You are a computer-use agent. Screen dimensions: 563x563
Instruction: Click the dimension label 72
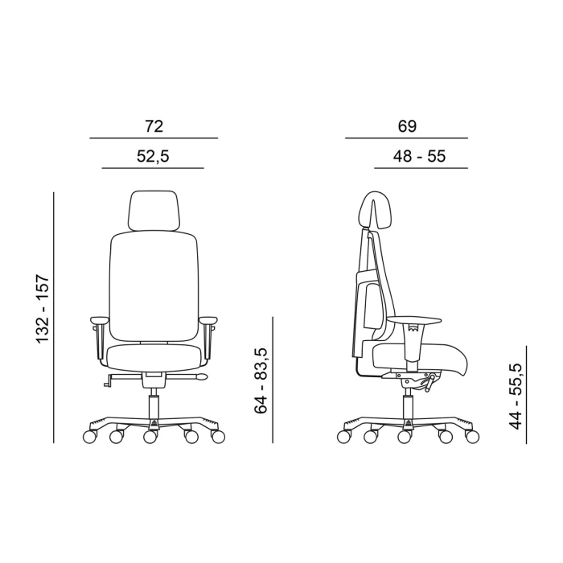154,126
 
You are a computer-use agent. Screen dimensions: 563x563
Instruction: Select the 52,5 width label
153,157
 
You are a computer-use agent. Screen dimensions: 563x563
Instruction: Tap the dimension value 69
407,126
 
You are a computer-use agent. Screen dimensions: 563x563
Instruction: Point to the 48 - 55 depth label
419,157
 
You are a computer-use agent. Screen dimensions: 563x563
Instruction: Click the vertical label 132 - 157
43,310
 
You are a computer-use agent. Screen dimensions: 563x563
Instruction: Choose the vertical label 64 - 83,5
261,381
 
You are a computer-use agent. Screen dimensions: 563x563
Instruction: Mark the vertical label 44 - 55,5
516,397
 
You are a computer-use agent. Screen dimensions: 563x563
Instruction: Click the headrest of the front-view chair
154,210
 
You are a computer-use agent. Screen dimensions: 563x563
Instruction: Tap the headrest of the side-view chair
376,209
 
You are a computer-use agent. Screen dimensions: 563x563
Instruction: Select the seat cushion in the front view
154,356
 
